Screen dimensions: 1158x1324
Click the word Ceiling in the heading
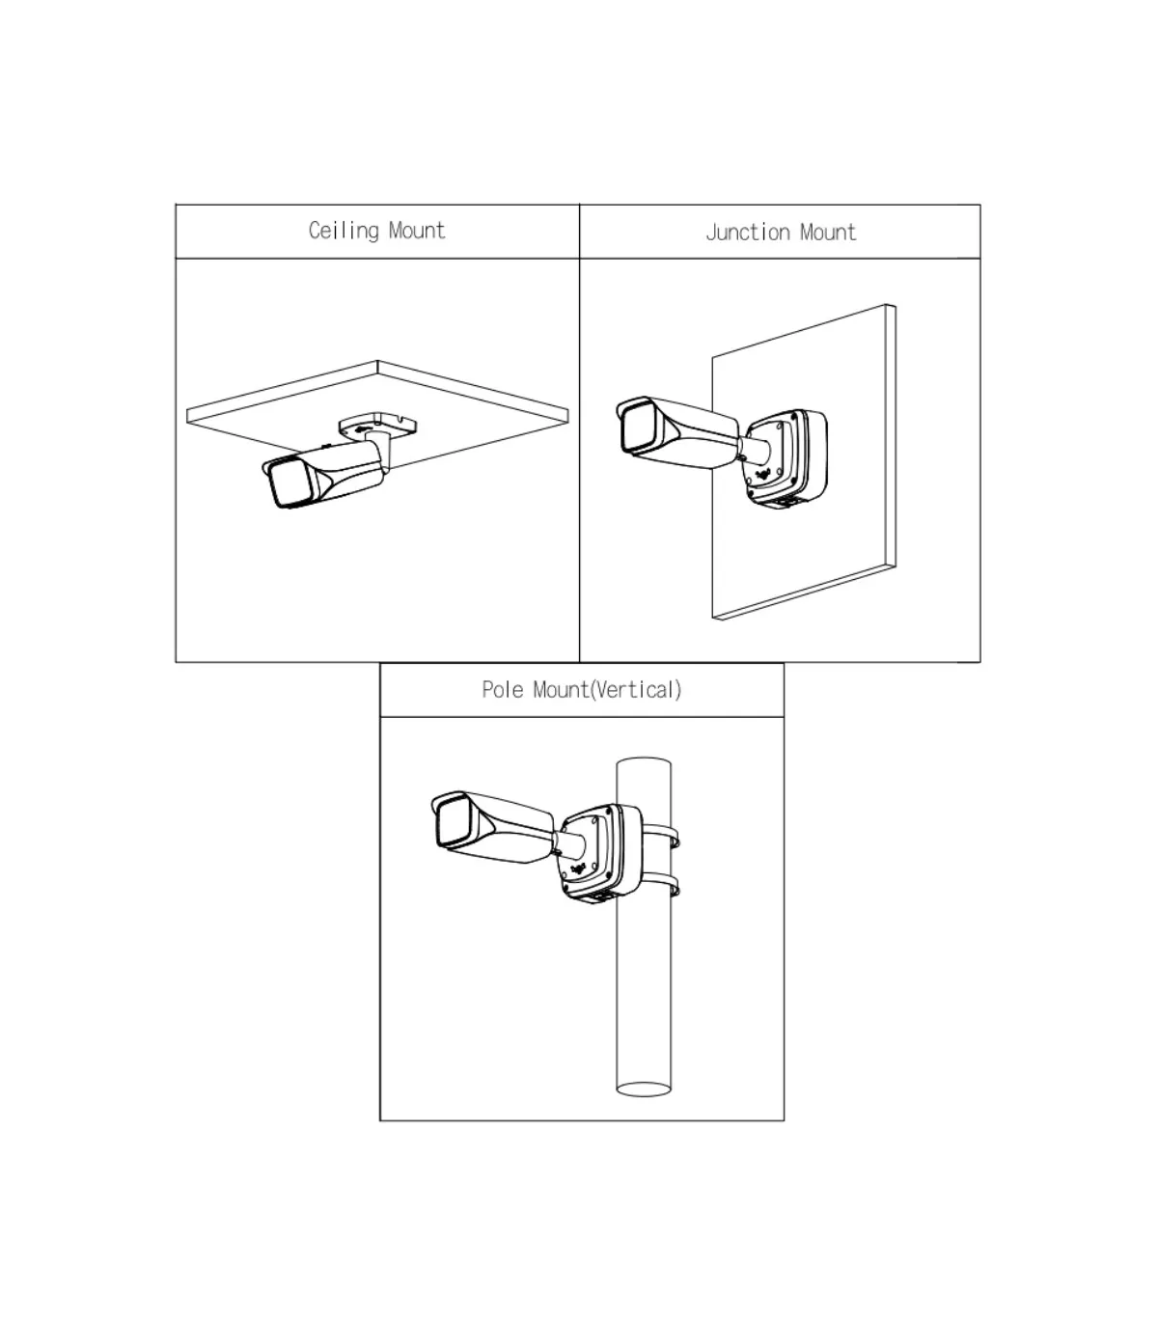click(344, 231)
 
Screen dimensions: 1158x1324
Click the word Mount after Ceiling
click(417, 231)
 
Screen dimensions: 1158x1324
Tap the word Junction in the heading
click(748, 233)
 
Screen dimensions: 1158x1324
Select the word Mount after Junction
click(828, 233)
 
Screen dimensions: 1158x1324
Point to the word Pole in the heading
click(503, 690)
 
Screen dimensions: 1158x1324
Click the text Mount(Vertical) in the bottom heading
click(607, 691)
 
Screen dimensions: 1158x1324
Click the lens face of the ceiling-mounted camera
click(289, 483)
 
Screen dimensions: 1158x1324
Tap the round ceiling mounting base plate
click(378, 427)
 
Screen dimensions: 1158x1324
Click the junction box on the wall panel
click(786, 457)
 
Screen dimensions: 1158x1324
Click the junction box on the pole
click(601, 853)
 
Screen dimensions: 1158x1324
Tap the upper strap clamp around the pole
click(662, 836)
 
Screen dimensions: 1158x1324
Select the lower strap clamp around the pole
click(662, 885)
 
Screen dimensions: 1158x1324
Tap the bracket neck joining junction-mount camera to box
click(755, 449)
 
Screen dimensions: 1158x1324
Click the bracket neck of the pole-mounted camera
click(569, 843)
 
